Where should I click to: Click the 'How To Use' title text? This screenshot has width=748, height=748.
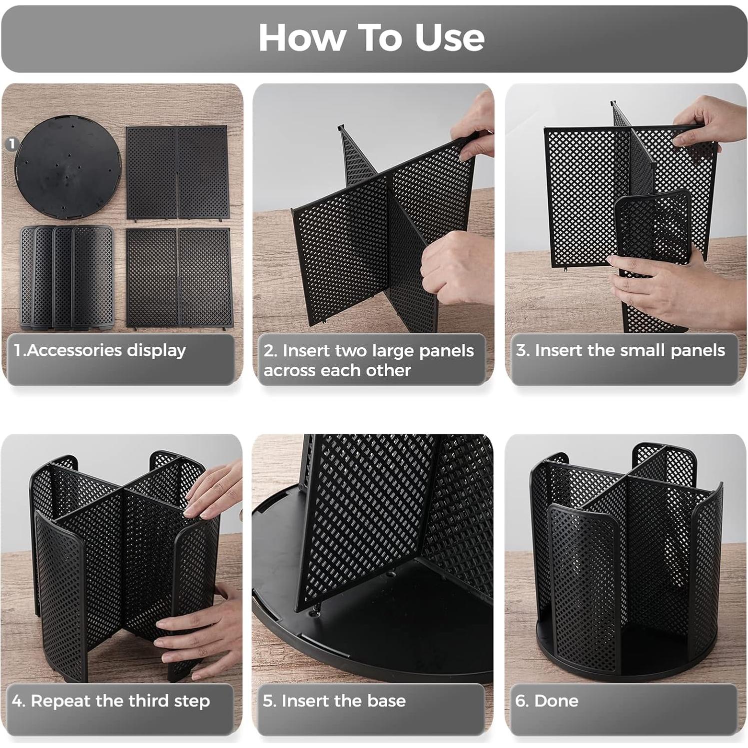[x=371, y=38]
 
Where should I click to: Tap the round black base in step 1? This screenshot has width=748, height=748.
[x=68, y=167]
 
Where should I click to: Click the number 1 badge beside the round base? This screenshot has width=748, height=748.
[x=11, y=144]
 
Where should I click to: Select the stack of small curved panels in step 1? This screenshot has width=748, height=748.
[x=67, y=277]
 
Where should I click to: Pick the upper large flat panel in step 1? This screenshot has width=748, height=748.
[x=177, y=172]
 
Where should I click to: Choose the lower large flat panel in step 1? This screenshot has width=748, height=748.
[x=179, y=277]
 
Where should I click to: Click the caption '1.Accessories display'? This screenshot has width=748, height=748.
[x=100, y=350]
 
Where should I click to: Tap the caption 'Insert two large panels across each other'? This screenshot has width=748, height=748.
[x=368, y=360]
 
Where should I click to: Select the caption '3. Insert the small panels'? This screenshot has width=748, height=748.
[x=620, y=350]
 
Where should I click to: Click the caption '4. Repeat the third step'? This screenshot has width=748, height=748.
[x=111, y=701]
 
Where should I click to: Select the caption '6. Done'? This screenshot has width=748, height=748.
[x=547, y=701]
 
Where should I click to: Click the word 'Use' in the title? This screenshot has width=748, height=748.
[x=450, y=38]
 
